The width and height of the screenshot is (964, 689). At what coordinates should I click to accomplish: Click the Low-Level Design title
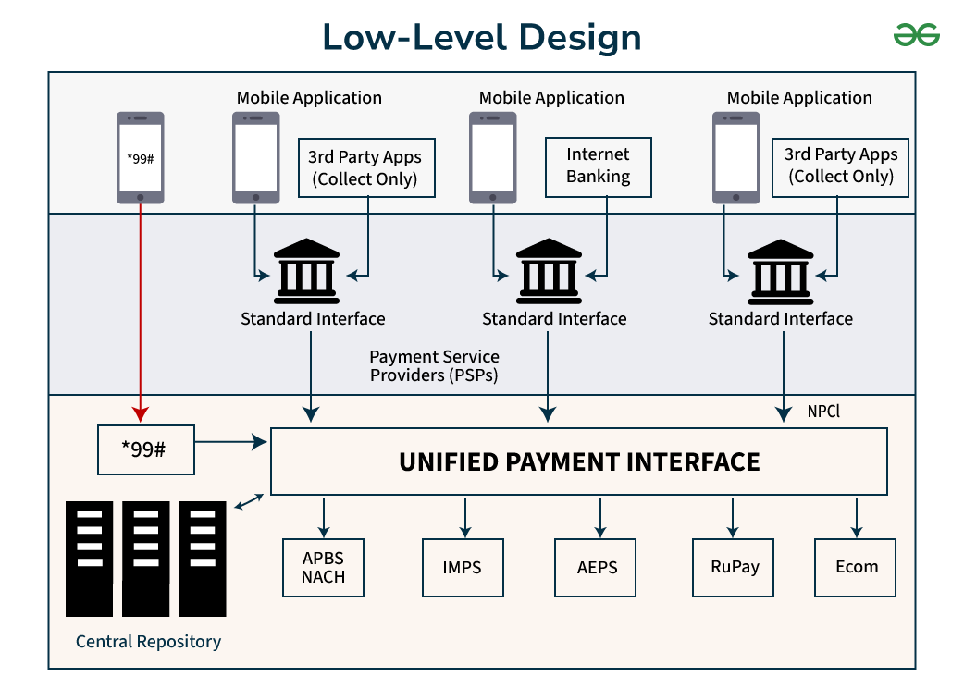pos(481,38)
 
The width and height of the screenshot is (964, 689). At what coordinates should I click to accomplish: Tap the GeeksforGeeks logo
pos(916,35)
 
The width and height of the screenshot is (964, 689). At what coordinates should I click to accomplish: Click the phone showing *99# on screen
pos(141,157)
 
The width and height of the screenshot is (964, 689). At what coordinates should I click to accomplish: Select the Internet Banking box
pos(598,166)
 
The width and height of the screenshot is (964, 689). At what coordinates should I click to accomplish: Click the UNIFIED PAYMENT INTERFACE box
pos(578,461)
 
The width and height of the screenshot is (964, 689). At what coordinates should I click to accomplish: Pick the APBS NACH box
pos(323,567)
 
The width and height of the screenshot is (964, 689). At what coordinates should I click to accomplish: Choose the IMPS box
pos(462,567)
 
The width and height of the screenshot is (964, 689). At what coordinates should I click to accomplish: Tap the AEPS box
pos(597,567)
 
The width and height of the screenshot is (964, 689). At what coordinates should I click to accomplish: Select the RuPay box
pos(733,567)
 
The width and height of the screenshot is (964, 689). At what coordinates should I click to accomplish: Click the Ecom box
pos(856,567)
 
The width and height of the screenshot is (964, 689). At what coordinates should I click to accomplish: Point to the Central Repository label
pos(148,641)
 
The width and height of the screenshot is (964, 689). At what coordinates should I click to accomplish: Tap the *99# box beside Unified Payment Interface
pos(146,449)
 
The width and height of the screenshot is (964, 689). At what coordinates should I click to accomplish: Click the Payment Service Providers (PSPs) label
pos(434,365)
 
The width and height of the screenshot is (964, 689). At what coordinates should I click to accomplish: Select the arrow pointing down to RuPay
pos(733,517)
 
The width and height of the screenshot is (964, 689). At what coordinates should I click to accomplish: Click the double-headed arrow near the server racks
pos(249,502)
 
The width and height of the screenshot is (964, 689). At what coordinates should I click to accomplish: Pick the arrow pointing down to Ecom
pos(856,517)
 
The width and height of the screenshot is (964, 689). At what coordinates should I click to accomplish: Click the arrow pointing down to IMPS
pos(464,517)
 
